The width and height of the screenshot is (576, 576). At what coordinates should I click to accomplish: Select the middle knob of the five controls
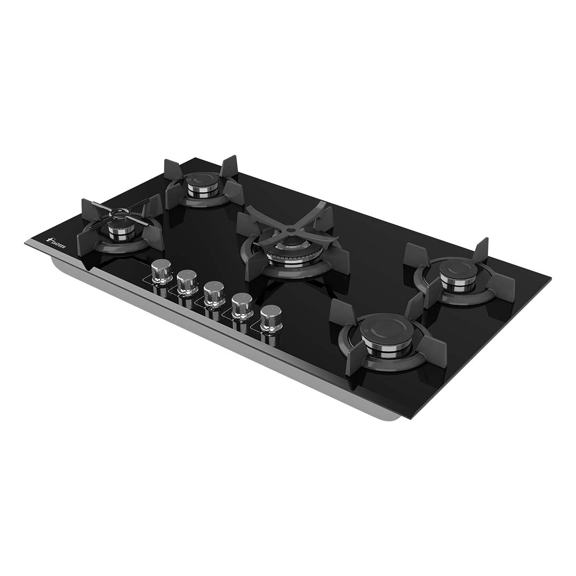(214, 293)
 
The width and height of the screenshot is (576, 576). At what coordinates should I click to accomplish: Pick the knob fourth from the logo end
(242, 305)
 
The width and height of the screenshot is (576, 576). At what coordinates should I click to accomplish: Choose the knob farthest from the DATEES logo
(271, 317)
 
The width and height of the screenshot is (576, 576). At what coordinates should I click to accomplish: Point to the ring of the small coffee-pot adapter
(120, 213)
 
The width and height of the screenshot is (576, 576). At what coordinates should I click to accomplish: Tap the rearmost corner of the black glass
(195, 158)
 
